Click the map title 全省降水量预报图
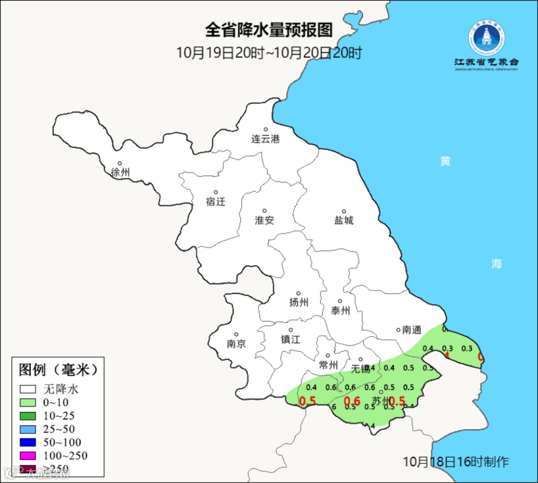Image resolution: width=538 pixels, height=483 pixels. pyautogui.click(x=269, y=30)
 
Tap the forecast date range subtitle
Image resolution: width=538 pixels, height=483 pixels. pyautogui.click(x=269, y=53)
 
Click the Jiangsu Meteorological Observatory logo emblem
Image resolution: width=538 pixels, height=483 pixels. pyautogui.click(x=486, y=37)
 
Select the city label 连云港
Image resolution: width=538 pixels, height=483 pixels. pyautogui.click(x=266, y=139)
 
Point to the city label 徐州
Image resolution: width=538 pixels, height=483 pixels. pyautogui.click(x=121, y=172)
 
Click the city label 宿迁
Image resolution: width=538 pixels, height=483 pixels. pyautogui.click(x=216, y=202)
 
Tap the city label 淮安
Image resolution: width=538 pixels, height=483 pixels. pyautogui.click(x=265, y=220)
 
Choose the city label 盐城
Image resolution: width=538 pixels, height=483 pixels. pyautogui.click(x=344, y=220)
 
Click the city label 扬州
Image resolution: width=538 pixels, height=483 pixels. pyautogui.click(x=299, y=303)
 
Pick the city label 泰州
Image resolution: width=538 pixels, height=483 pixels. pyautogui.click(x=340, y=311)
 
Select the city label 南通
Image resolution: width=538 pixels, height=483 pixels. pyautogui.click(x=412, y=330)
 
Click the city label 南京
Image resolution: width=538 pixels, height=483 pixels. pyautogui.click(x=236, y=344)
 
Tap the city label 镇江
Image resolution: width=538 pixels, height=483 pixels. pyautogui.click(x=291, y=339)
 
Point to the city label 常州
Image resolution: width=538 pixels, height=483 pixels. pyautogui.click(x=329, y=365)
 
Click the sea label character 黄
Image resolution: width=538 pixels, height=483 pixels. pyautogui.click(x=445, y=161)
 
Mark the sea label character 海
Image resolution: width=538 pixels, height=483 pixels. pyautogui.click(x=496, y=264)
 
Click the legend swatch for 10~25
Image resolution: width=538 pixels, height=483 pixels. pyautogui.click(x=28, y=416)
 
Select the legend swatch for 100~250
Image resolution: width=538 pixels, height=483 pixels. pyautogui.click(x=28, y=456)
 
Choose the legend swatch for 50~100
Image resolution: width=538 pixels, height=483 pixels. pyautogui.click(x=28, y=443)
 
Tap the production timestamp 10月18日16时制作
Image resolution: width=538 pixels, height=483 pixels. pyautogui.click(x=456, y=462)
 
